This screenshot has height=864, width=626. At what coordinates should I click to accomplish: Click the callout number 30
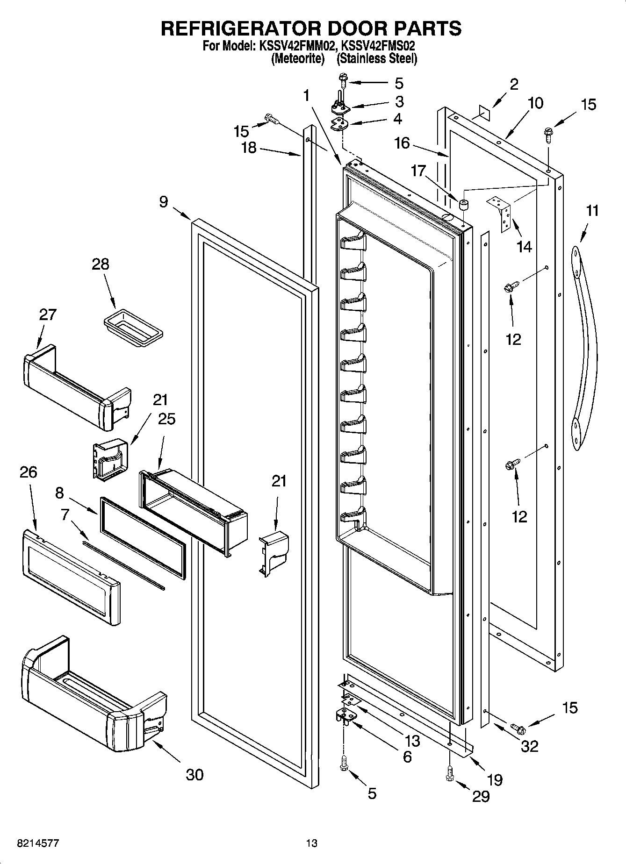tap(194, 774)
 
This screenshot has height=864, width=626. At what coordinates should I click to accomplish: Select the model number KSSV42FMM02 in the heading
tap(295, 47)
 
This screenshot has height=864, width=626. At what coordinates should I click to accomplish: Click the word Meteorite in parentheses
tap(298, 59)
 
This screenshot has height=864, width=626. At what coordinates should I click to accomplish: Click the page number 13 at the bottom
tap(311, 843)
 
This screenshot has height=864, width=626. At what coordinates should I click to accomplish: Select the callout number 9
tap(163, 202)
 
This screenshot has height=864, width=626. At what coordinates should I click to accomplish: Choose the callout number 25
tap(166, 419)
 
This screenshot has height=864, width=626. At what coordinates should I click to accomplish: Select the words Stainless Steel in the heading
tap(377, 59)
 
